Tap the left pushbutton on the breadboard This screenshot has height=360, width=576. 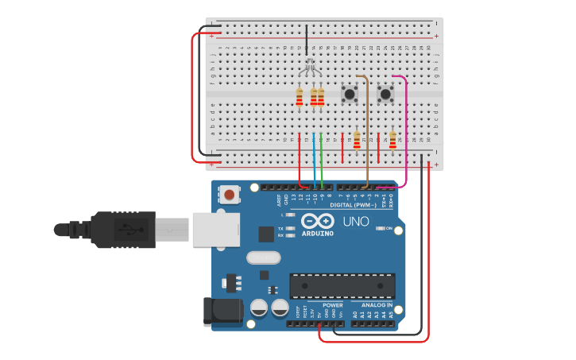pos(349,95)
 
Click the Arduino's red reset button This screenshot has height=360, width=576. pos(230,194)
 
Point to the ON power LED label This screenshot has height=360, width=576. pos(389,230)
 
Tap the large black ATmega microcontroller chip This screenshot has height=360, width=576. pos(342,285)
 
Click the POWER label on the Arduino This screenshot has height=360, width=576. pos(333,305)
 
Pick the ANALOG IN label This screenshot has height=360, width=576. pos(376,305)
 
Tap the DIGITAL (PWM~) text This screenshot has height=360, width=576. pos(353,204)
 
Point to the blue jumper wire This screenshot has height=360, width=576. pos(315,159)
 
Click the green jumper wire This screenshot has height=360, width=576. pos(322,159)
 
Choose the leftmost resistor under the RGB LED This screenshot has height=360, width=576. pos(299,98)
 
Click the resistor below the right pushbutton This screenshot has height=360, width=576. pos(392,140)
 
